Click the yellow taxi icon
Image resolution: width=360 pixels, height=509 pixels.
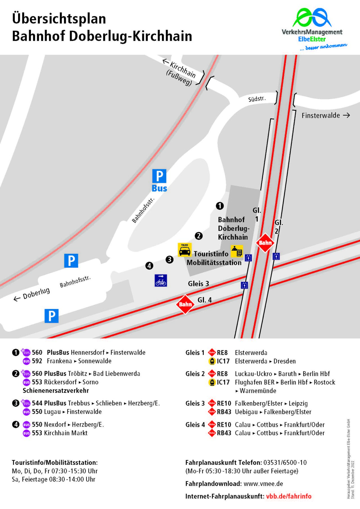click(184, 250)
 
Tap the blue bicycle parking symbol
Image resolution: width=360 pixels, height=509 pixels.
click(161, 280)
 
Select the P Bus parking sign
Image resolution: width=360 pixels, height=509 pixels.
click(159, 181)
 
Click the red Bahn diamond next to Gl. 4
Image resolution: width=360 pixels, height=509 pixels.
click(185, 304)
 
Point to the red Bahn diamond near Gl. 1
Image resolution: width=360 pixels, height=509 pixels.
click(265, 242)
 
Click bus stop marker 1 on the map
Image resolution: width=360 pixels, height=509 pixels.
click(220, 206)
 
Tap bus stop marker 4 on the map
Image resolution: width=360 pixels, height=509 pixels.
click(149, 265)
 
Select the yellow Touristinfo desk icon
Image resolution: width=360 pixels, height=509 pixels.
click(237, 251)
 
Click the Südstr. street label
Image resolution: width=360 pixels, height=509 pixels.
click(257, 99)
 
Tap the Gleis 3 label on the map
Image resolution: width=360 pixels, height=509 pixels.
click(199, 284)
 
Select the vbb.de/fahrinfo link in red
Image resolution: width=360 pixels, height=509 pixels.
click(289, 496)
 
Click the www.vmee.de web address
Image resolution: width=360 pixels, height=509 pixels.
click(263, 484)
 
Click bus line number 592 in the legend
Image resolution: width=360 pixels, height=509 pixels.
click(37, 361)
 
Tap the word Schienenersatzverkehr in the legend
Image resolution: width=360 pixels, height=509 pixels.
click(56, 391)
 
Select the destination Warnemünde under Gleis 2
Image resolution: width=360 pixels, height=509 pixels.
click(258, 391)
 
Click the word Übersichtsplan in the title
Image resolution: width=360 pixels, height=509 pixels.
click(59, 19)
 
